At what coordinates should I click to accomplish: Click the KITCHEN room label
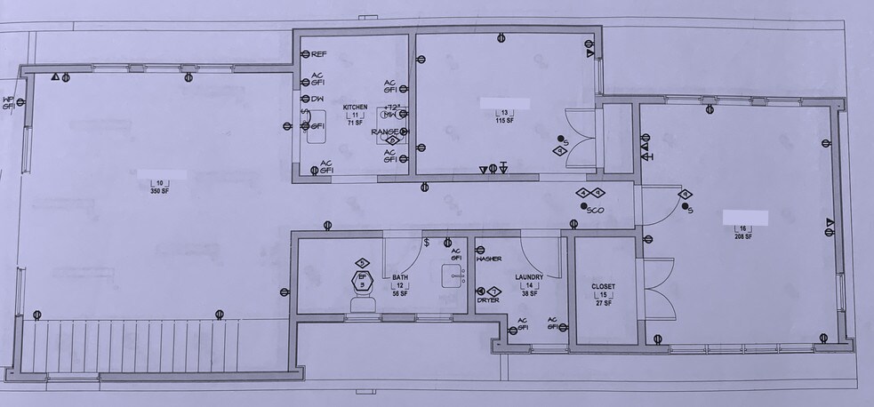(x=355, y=108)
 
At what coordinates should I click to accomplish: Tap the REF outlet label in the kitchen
(x=318, y=54)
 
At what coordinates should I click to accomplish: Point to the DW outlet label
(x=317, y=99)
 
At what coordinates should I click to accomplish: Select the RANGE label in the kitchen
(x=384, y=132)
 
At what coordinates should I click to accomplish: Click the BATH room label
(x=400, y=276)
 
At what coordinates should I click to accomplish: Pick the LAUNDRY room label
(x=529, y=277)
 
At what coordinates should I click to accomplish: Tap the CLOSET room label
(x=603, y=286)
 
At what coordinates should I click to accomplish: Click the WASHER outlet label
(x=489, y=259)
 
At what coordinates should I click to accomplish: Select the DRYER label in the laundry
(x=487, y=300)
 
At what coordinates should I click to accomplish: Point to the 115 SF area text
(x=504, y=120)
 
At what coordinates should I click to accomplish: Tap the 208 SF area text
(x=742, y=236)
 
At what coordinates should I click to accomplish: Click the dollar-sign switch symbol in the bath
(x=427, y=242)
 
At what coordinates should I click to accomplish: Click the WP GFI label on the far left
(x=8, y=103)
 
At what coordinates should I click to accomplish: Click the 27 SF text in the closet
(x=603, y=302)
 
